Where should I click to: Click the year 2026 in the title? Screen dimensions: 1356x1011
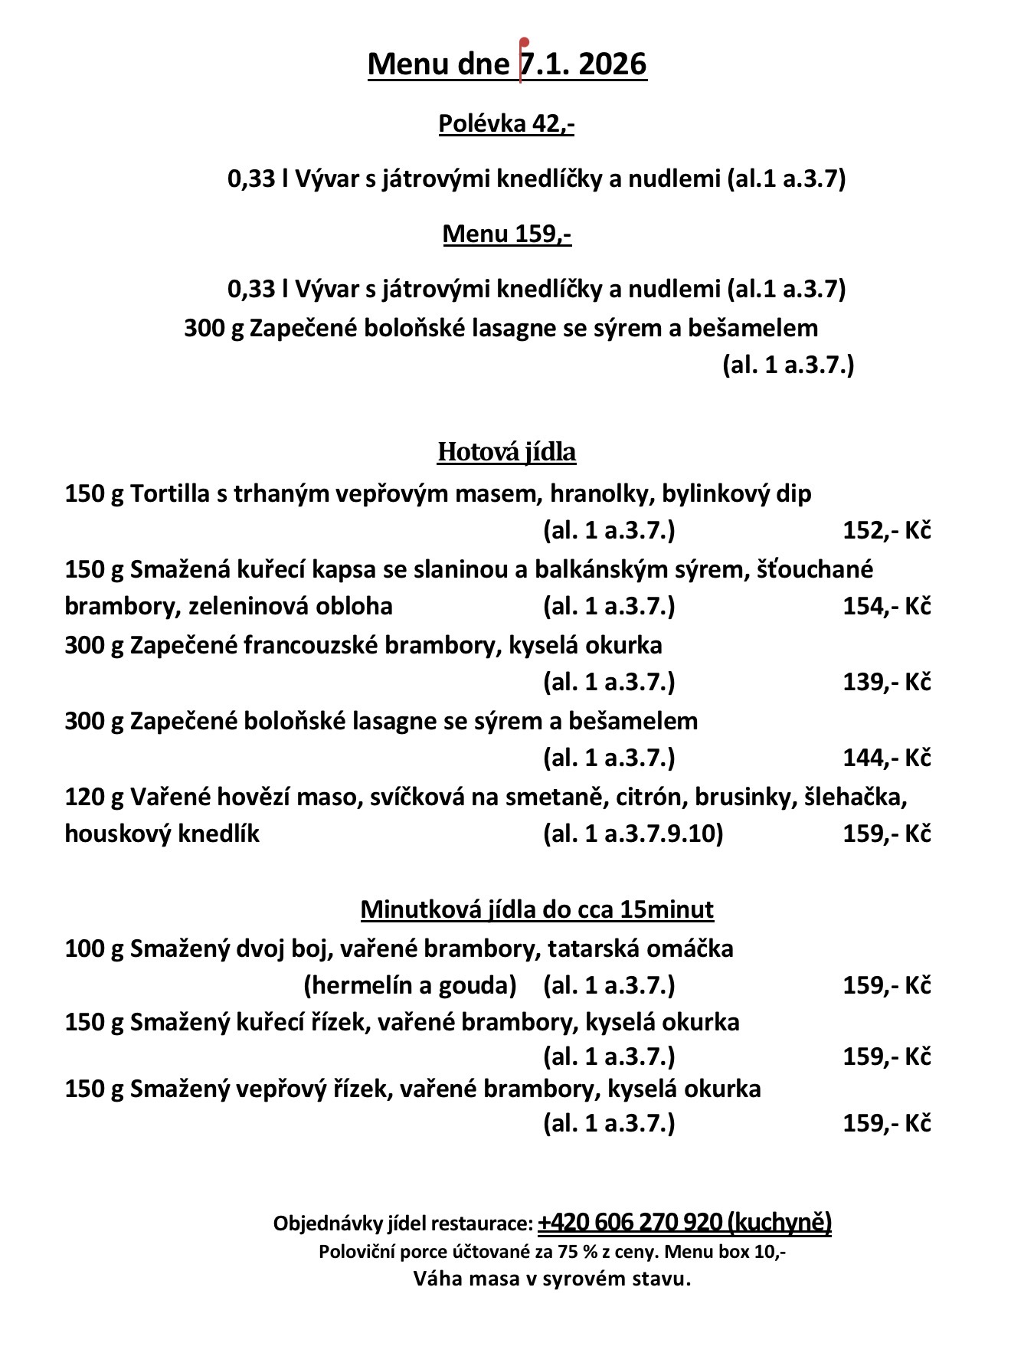(x=613, y=64)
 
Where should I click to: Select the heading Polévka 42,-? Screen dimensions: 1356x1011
(x=506, y=123)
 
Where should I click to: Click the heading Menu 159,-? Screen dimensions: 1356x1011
(x=507, y=233)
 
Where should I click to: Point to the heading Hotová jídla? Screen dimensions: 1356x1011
(x=506, y=452)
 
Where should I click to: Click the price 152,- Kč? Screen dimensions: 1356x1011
(x=886, y=530)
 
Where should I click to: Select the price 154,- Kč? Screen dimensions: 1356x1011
(x=886, y=606)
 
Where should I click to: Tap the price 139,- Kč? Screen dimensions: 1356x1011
(x=886, y=682)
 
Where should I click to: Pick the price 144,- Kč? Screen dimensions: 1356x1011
(x=886, y=758)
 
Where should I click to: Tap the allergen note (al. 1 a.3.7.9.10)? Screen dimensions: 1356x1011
(x=633, y=834)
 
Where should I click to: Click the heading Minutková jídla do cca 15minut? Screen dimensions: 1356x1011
(x=537, y=909)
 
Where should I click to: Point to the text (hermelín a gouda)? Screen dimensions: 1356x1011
(x=410, y=985)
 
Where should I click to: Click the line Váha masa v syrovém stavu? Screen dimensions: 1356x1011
(x=552, y=1279)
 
